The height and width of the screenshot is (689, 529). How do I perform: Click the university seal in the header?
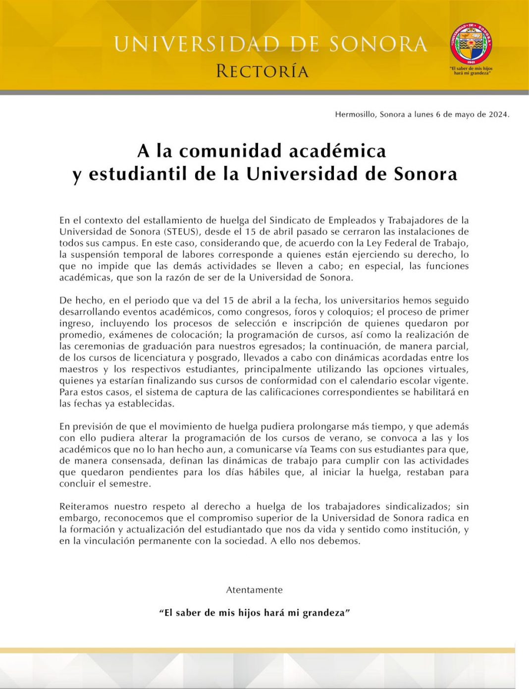coord(471,44)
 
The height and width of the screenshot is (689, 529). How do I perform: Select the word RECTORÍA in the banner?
coord(262,71)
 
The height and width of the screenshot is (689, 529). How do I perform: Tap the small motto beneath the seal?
coord(471,71)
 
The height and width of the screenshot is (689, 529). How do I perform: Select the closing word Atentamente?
coord(254,590)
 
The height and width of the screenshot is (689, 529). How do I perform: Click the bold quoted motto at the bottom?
coord(254,613)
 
